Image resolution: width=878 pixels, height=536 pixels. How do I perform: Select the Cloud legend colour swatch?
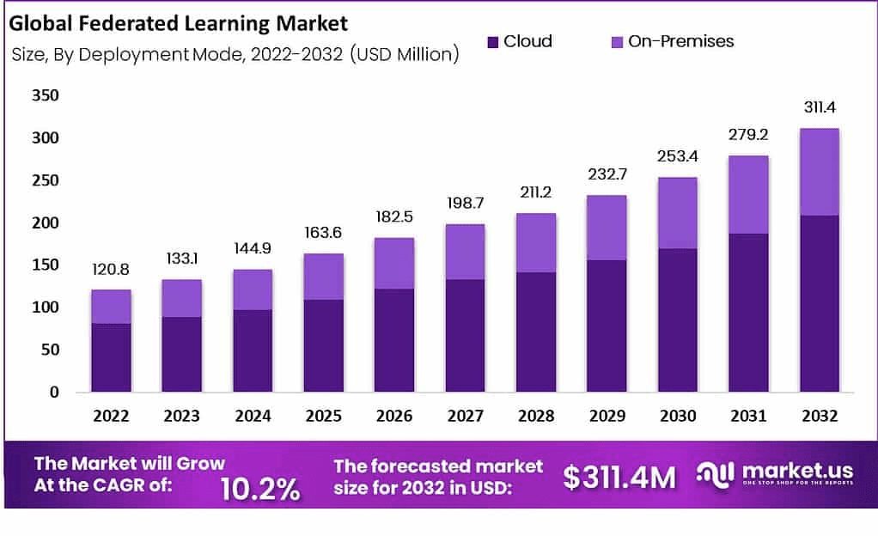point(492,41)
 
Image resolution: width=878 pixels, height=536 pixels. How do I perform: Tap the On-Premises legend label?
point(680,41)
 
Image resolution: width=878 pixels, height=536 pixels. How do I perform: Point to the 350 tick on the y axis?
point(45,95)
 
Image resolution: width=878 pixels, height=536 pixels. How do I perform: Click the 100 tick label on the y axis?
point(45,308)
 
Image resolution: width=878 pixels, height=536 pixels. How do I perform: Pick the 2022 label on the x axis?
point(112,417)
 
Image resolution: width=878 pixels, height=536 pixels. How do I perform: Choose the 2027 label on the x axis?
point(465,417)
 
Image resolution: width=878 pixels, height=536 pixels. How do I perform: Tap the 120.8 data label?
point(112,270)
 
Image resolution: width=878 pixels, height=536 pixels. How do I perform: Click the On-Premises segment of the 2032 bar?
point(819,172)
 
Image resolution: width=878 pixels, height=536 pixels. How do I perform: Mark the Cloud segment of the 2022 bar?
point(112,357)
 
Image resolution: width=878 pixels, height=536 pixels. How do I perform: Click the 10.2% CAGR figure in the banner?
point(260,488)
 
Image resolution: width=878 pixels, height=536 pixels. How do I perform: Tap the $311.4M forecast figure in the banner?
point(619,478)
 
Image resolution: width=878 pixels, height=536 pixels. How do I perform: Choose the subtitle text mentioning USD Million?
point(236,55)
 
